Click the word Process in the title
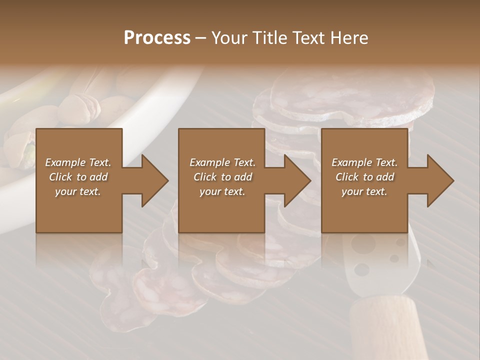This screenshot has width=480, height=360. pyautogui.click(x=157, y=38)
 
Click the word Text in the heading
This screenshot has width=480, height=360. pyautogui.click(x=309, y=38)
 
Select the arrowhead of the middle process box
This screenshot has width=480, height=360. pyautogui.click(x=296, y=180)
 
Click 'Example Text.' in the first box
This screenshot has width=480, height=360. pyautogui.click(x=78, y=162)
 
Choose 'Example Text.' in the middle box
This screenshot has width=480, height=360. pyautogui.click(x=222, y=162)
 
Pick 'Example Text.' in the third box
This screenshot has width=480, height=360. pyautogui.click(x=364, y=162)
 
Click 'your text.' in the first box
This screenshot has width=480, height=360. pyautogui.click(x=78, y=191)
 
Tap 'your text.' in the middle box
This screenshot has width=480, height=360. pyautogui.click(x=222, y=191)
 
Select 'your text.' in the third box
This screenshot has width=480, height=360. pyautogui.click(x=364, y=191)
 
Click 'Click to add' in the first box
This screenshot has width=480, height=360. pyautogui.click(x=78, y=177)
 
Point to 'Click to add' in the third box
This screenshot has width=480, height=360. pyautogui.click(x=364, y=177)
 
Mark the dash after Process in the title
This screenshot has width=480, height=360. pyautogui.click(x=201, y=38)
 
